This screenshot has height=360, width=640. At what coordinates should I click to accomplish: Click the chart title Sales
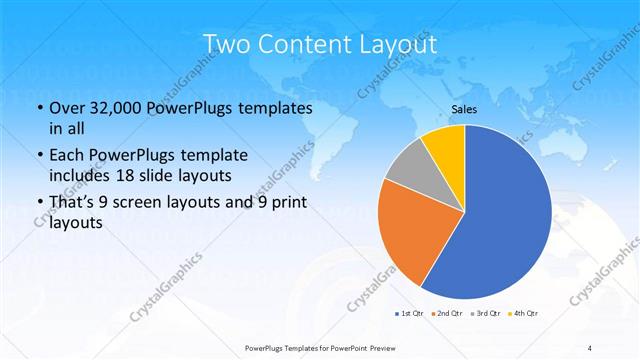[x=464, y=108]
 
